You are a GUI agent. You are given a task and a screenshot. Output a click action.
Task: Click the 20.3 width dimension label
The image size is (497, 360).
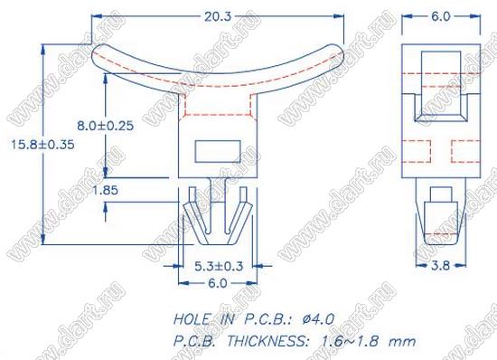pyautogui.click(x=218, y=16)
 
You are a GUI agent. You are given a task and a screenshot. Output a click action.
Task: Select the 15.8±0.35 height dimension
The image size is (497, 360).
pyautogui.click(x=42, y=145)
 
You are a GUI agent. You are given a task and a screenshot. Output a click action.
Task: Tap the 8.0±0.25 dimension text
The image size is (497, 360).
pyautogui.click(x=105, y=126)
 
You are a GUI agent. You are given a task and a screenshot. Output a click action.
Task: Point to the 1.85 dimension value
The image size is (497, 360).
pyautogui.click(x=105, y=190)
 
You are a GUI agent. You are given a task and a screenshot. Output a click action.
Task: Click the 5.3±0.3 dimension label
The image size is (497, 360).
pyautogui.click(x=219, y=266)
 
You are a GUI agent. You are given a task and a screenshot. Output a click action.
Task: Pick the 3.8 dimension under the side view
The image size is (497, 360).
pyautogui.click(x=440, y=265)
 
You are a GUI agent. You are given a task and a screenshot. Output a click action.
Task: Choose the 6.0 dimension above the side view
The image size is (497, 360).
pyautogui.click(x=441, y=16)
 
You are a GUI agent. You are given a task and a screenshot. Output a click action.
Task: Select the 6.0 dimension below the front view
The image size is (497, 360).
pyautogui.click(x=218, y=283)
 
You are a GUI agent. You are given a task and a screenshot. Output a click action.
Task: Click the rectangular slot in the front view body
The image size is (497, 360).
pyautogui.click(x=218, y=152)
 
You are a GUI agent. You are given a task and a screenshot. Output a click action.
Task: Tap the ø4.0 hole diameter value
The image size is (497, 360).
pyautogui.click(x=318, y=319)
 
